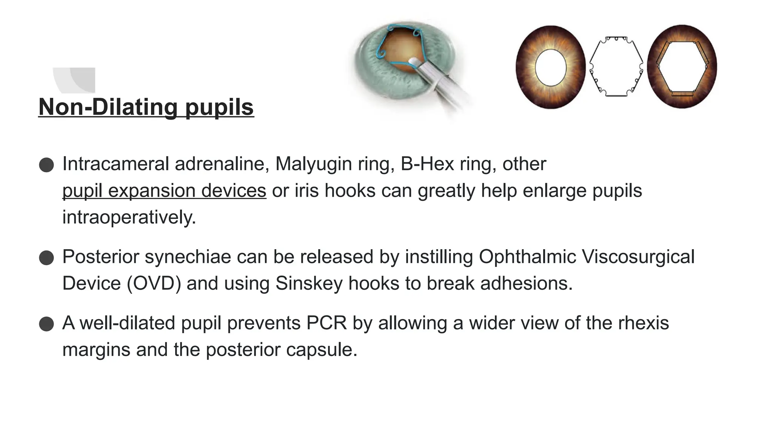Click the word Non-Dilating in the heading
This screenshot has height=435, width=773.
(108, 107)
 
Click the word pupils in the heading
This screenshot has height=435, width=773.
(219, 107)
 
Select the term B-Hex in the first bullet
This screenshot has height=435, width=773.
(427, 164)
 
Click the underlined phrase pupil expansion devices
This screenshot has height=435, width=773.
(164, 190)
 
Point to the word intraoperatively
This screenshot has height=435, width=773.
(129, 217)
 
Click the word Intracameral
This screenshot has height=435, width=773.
(115, 164)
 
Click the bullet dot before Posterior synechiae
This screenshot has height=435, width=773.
(46, 258)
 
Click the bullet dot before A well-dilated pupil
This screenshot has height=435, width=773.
(46, 324)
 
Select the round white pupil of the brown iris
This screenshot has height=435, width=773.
(551, 68)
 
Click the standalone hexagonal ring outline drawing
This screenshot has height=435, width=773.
(616, 67)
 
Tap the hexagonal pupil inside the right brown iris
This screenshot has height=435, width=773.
(682, 67)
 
